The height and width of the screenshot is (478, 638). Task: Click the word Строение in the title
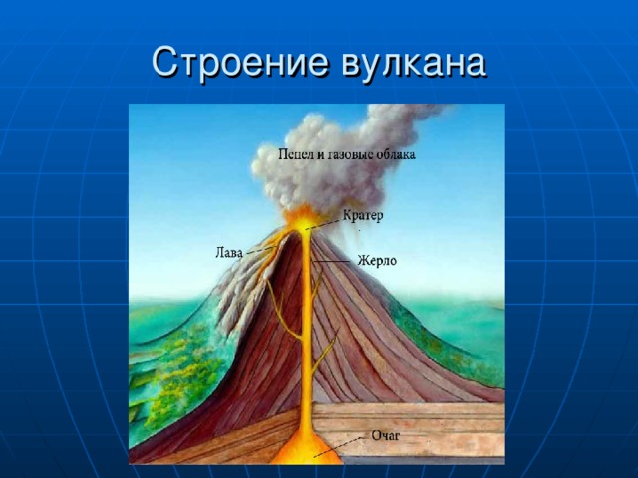click(x=240, y=62)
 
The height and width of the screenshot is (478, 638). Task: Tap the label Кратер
click(x=363, y=216)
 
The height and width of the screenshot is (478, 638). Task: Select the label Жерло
click(x=377, y=260)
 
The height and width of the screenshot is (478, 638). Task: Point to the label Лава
click(x=229, y=253)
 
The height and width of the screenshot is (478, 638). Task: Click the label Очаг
click(x=386, y=436)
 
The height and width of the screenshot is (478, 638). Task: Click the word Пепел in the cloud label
click(x=293, y=154)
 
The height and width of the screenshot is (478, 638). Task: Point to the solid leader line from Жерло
click(x=331, y=261)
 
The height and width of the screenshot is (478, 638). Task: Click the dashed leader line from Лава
click(x=261, y=250)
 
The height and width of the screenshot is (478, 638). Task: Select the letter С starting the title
click(x=163, y=62)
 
